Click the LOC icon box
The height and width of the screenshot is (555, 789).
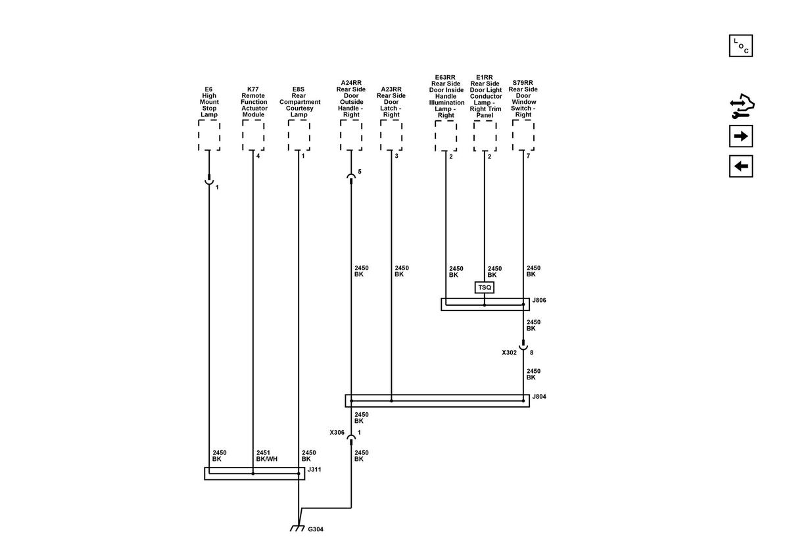click(741, 46)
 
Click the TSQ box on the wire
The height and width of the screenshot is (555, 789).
click(485, 287)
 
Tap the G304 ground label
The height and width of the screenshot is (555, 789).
click(316, 529)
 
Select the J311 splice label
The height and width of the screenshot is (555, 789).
click(314, 470)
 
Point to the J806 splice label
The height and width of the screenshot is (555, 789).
click(539, 301)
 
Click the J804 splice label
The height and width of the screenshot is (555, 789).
click(539, 397)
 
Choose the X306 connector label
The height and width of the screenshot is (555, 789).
click(337, 433)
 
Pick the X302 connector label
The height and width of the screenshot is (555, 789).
click(510, 352)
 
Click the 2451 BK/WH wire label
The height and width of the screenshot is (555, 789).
click(267, 456)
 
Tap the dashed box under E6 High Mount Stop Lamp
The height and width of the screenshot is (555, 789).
click(209, 135)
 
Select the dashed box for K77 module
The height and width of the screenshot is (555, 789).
click(253, 135)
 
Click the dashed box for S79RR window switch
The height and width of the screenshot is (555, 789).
click(523, 135)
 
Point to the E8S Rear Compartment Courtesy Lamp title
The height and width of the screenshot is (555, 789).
click(299, 102)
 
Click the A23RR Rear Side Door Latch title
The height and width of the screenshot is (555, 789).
click(391, 102)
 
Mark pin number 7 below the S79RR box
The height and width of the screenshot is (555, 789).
click(528, 156)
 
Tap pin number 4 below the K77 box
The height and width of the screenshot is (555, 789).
click(258, 156)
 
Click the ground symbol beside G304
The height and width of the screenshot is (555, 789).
click(297, 528)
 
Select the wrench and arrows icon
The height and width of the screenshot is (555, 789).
click(742, 106)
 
